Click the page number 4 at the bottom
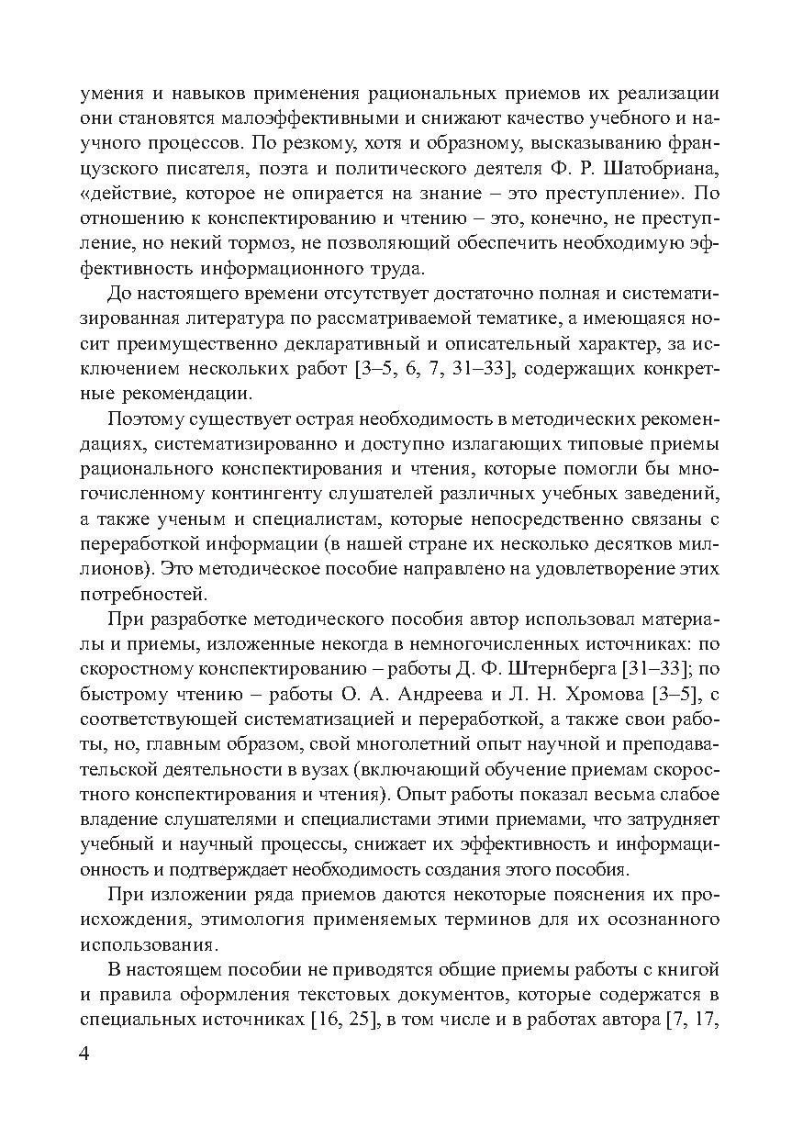tap(84, 1053)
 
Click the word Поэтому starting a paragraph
tap(144, 418)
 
